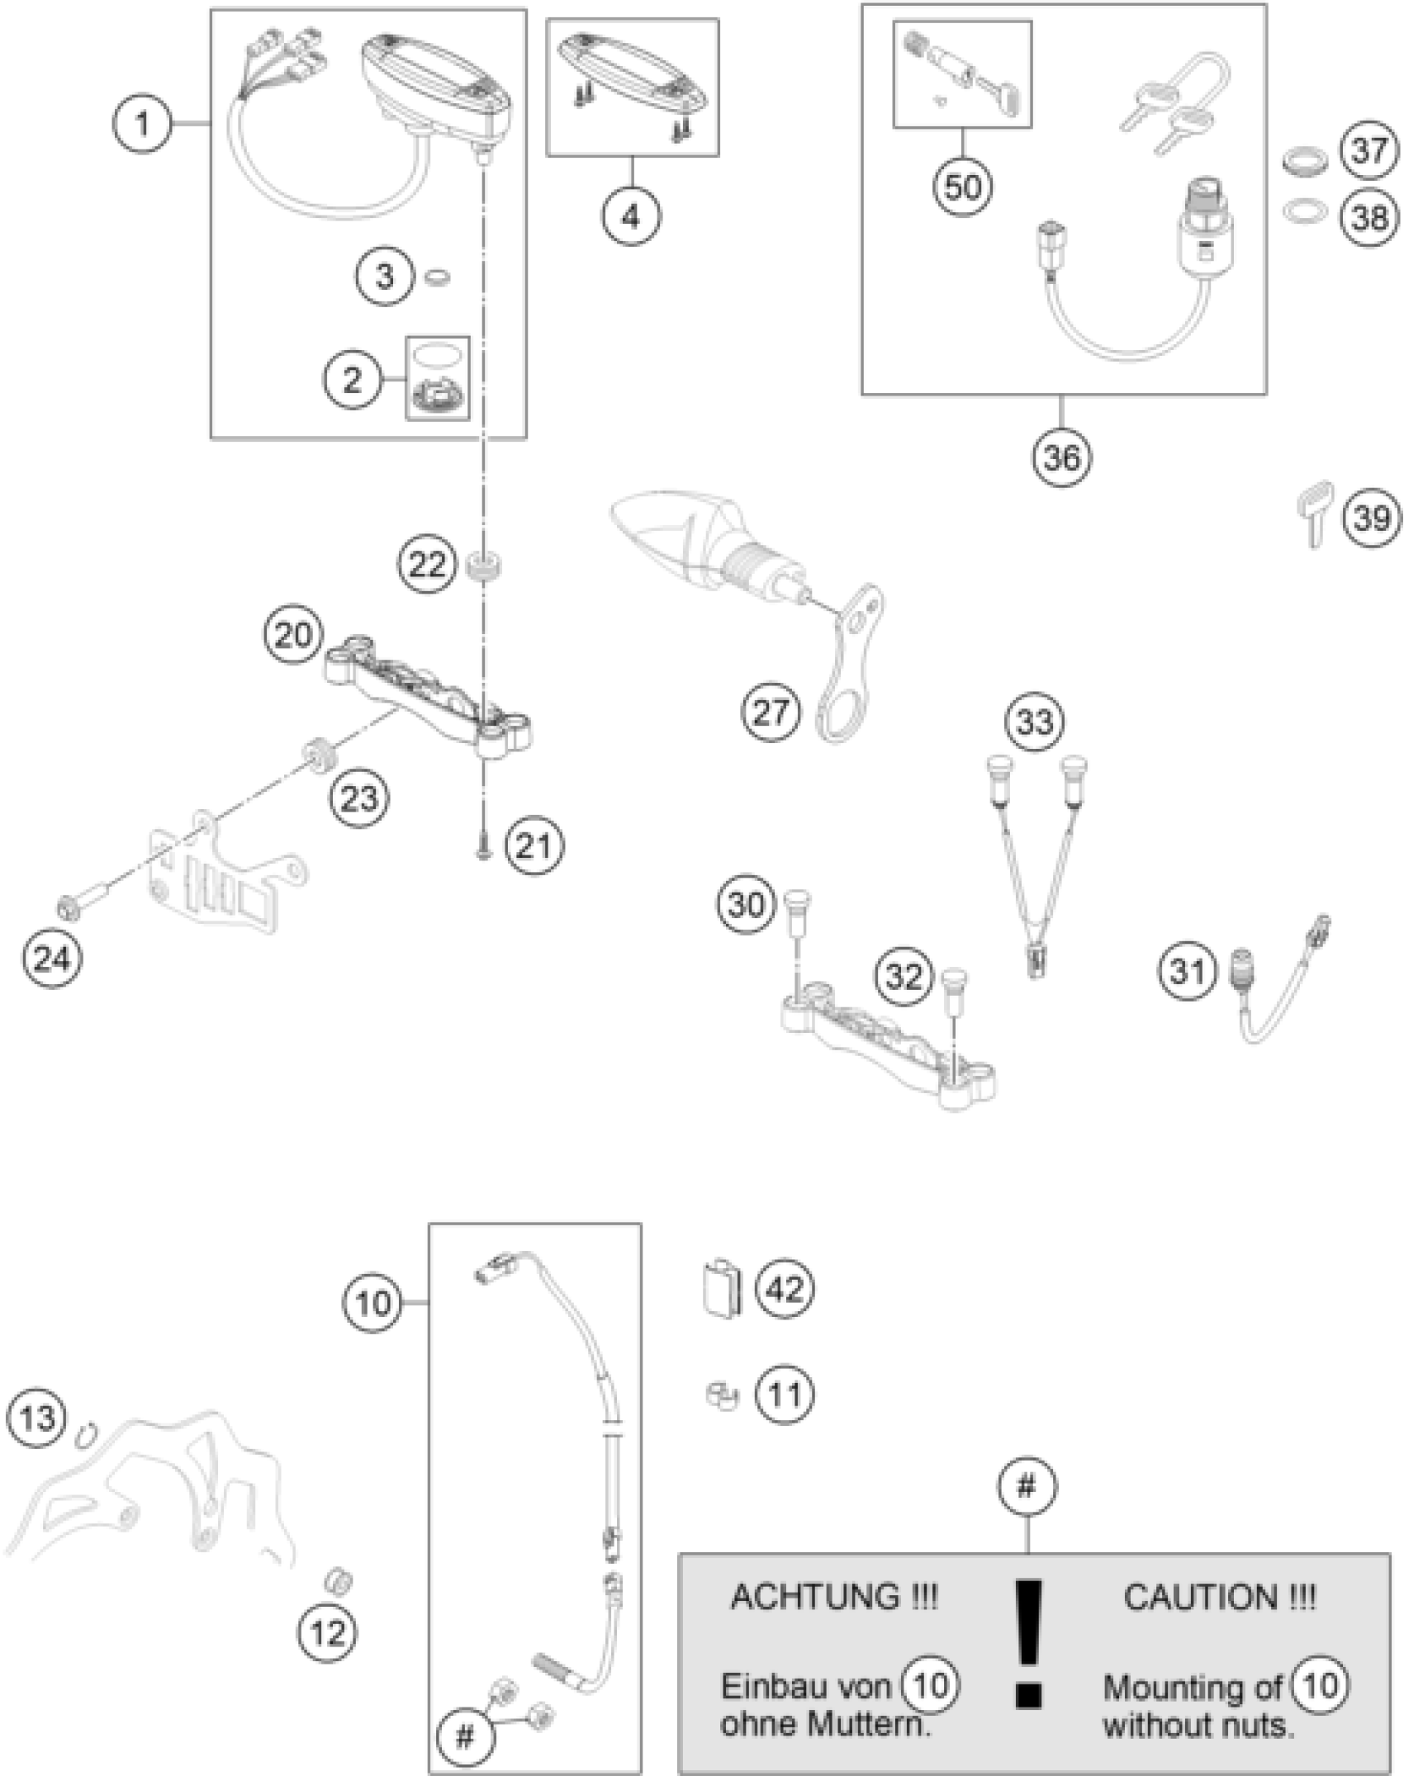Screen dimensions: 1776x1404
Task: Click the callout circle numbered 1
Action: tap(142, 125)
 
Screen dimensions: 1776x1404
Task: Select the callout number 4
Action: tap(631, 217)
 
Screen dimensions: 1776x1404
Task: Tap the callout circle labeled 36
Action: tap(1061, 457)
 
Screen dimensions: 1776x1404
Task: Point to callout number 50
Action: tap(962, 187)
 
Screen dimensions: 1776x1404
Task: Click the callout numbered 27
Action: tap(771, 712)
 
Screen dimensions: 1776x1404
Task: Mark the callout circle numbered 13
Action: tap(37, 1418)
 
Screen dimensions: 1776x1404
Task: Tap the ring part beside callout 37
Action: tap(1305, 159)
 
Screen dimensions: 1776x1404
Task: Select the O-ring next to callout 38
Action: tap(1305, 213)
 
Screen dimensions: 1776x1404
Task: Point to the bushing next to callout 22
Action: tap(485, 569)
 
